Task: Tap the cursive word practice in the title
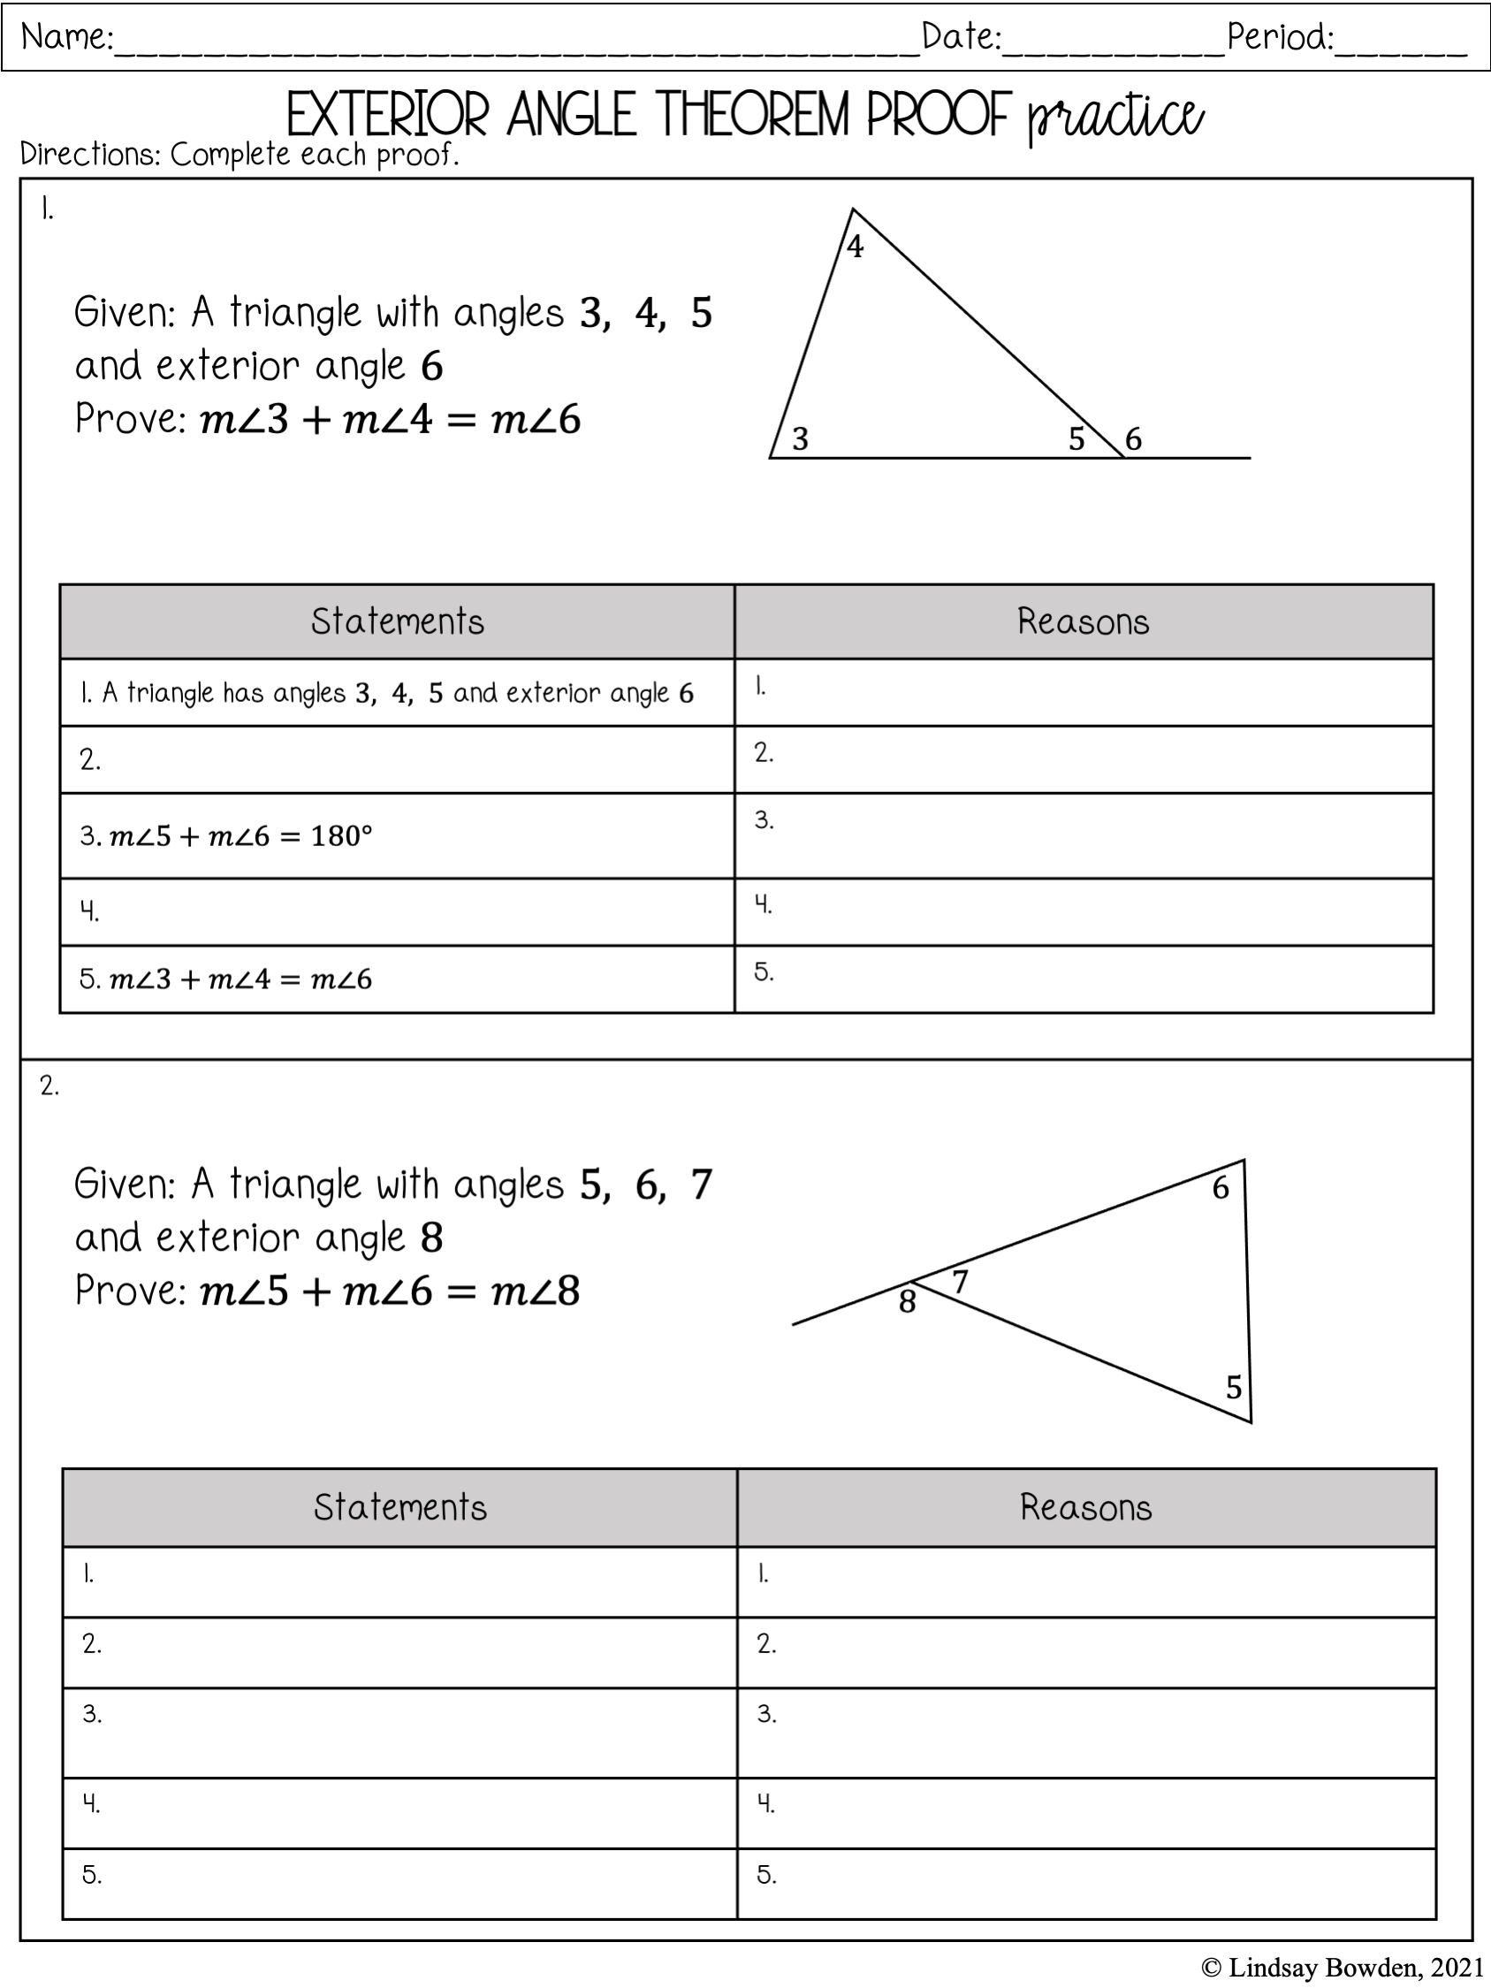(x=1114, y=118)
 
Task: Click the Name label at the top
(x=66, y=37)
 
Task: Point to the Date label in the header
(x=961, y=37)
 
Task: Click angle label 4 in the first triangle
(x=856, y=248)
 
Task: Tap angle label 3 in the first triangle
(x=800, y=438)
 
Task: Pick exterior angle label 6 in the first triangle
(x=1133, y=438)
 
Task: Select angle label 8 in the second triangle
(x=908, y=1301)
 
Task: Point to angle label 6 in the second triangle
(x=1220, y=1188)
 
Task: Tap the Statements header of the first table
(x=397, y=622)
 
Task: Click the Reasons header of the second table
(x=1085, y=1507)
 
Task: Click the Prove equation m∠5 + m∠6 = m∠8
(x=390, y=1291)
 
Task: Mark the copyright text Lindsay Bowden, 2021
(x=1342, y=1969)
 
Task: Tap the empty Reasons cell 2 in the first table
(x=1084, y=759)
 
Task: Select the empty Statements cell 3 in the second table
(x=400, y=1733)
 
